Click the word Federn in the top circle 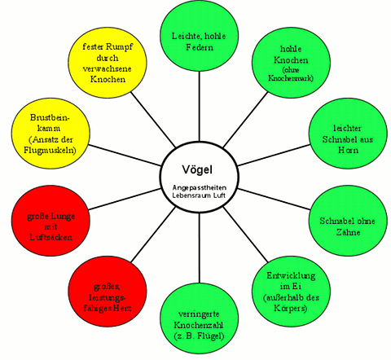[x=198, y=48]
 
